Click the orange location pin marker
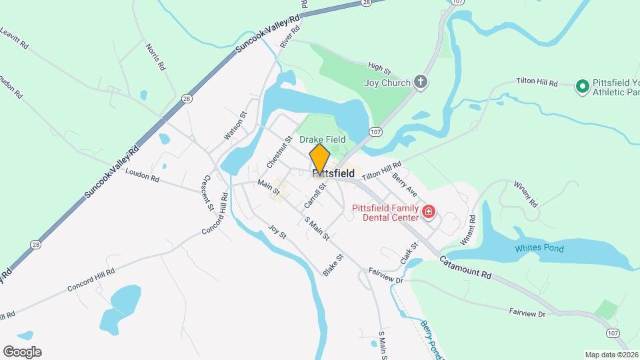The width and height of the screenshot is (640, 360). (x=320, y=158)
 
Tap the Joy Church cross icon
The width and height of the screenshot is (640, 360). (x=420, y=83)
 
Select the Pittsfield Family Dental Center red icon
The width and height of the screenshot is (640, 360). (x=429, y=213)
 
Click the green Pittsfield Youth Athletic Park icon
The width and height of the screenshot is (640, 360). (x=581, y=85)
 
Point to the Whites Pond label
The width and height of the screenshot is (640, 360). (x=539, y=249)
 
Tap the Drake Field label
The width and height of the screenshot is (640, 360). (x=322, y=139)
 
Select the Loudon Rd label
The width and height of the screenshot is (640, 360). (x=142, y=175)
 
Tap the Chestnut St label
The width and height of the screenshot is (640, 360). (x=279, y=153)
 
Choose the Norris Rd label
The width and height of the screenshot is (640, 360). (x=154, y=57)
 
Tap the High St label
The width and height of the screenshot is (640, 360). (x=379, y=68)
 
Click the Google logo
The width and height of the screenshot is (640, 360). (x=22, y=351)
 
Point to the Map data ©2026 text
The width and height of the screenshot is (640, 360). (x=611, y=355)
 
